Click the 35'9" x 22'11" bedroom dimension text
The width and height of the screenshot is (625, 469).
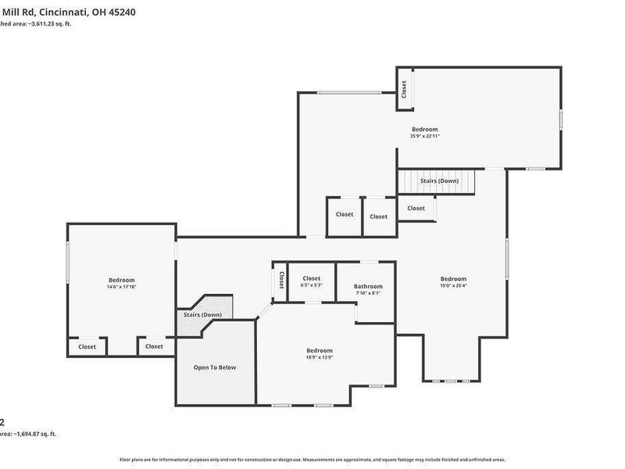(x=424, y=137)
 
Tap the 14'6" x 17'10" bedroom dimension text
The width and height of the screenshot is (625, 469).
(x=121, y=288)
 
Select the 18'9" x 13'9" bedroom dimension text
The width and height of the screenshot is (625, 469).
(x=319, y=358)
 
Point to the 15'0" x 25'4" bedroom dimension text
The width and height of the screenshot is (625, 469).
(x=453, y=286)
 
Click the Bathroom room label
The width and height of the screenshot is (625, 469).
(x=368, y=286)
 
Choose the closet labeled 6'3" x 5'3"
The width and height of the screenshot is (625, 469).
(x=312, y=281)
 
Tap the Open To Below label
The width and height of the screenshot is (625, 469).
(x=215, y=367)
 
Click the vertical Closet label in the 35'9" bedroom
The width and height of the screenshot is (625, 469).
(x=405, y=89)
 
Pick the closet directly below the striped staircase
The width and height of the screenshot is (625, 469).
(x=416, y=209)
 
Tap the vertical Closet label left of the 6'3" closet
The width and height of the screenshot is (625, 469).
(x=281, y=280)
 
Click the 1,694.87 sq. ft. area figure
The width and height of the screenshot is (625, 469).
(x=35, y=434)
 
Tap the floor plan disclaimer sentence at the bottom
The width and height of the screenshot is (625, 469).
(x=312, y=460)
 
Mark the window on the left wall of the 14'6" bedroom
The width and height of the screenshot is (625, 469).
(x=68, y=262)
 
